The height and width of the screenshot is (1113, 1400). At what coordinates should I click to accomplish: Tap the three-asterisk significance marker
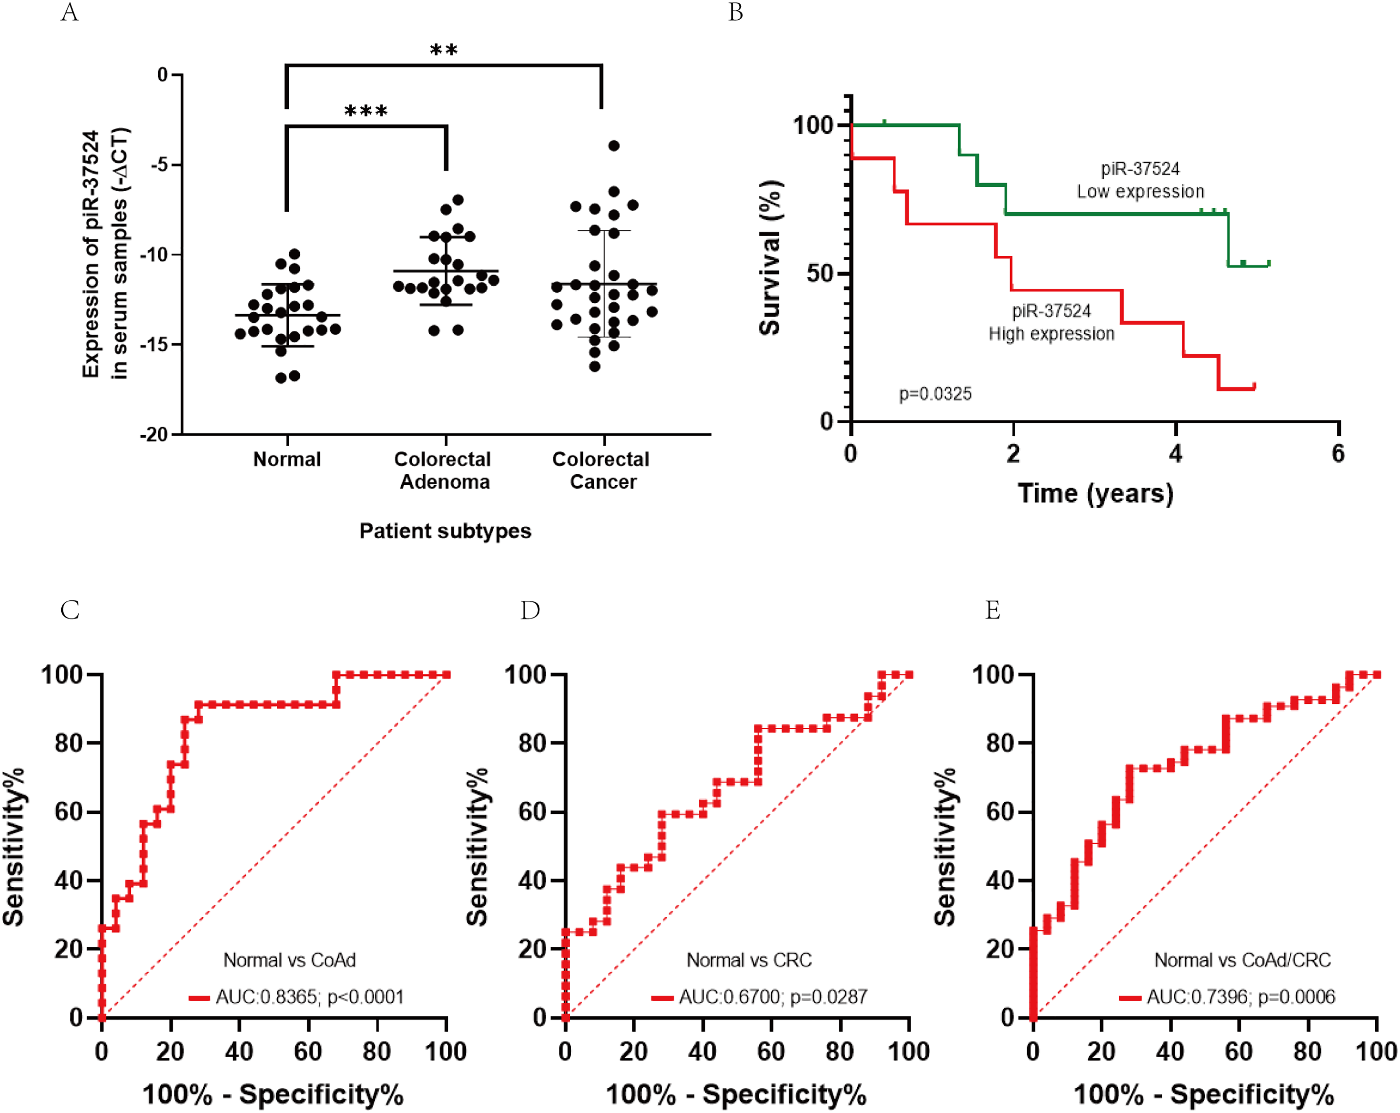pos(366,112)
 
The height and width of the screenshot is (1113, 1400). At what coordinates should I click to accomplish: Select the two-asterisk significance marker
pos(444,50)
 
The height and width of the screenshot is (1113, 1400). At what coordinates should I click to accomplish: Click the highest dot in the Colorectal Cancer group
pos(614,146)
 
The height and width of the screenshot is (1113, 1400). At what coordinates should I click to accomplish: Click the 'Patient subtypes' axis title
pos(445,531)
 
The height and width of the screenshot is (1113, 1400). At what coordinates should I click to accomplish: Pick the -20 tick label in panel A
pos(154,435)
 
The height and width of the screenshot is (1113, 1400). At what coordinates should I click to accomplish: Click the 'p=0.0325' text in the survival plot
pos(935,394)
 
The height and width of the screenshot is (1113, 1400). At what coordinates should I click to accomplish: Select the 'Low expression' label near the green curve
pos(1140,192)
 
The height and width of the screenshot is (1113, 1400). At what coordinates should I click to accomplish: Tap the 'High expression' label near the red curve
pos(1051,334)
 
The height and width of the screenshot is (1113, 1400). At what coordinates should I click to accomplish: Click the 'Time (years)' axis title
pos(1095,493)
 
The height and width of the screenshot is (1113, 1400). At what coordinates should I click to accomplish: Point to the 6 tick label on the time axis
pos(1338,453)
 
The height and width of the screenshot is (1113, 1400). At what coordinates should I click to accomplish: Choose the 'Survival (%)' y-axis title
pos(770,257)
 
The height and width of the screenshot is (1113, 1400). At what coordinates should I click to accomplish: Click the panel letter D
pos(530,610)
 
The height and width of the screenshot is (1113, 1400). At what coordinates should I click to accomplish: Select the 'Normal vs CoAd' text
pos(290,960)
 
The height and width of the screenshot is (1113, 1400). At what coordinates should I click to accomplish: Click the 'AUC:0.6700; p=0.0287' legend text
pos(772,997)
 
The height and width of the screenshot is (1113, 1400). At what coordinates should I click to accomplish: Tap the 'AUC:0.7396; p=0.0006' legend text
pos(1240,997)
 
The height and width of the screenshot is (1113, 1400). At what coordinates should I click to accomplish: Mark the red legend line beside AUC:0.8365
pos(199,997)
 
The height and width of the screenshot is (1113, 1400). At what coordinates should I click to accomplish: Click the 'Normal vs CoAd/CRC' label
pos(1242,960)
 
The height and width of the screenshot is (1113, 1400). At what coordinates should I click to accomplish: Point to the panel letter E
pos(993,610)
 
